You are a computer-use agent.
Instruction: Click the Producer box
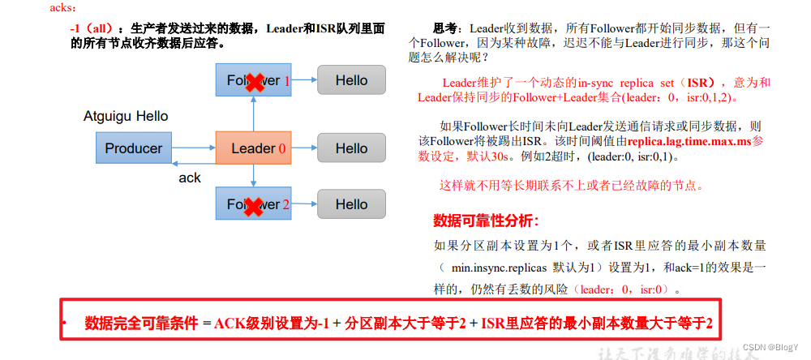pos(134,148)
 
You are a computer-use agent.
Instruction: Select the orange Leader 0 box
pos(253,148)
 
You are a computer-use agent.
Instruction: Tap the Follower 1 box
pos(253,80)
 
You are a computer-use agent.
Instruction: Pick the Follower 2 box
pos(253,204)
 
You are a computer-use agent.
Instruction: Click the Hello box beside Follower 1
pos(351,80)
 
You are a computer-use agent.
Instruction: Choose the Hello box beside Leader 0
pos(351,148)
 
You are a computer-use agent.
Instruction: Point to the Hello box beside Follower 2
pos(351,204)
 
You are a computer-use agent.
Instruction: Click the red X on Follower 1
pos(255,81)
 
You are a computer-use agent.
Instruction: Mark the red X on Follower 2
pos(255,205)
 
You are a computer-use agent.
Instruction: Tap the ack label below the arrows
pos(190,178)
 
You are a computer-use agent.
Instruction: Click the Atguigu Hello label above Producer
pos(126,116)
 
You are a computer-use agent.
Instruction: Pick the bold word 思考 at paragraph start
pos(444,28)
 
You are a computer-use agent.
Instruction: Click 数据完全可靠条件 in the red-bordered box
pos(141,324)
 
